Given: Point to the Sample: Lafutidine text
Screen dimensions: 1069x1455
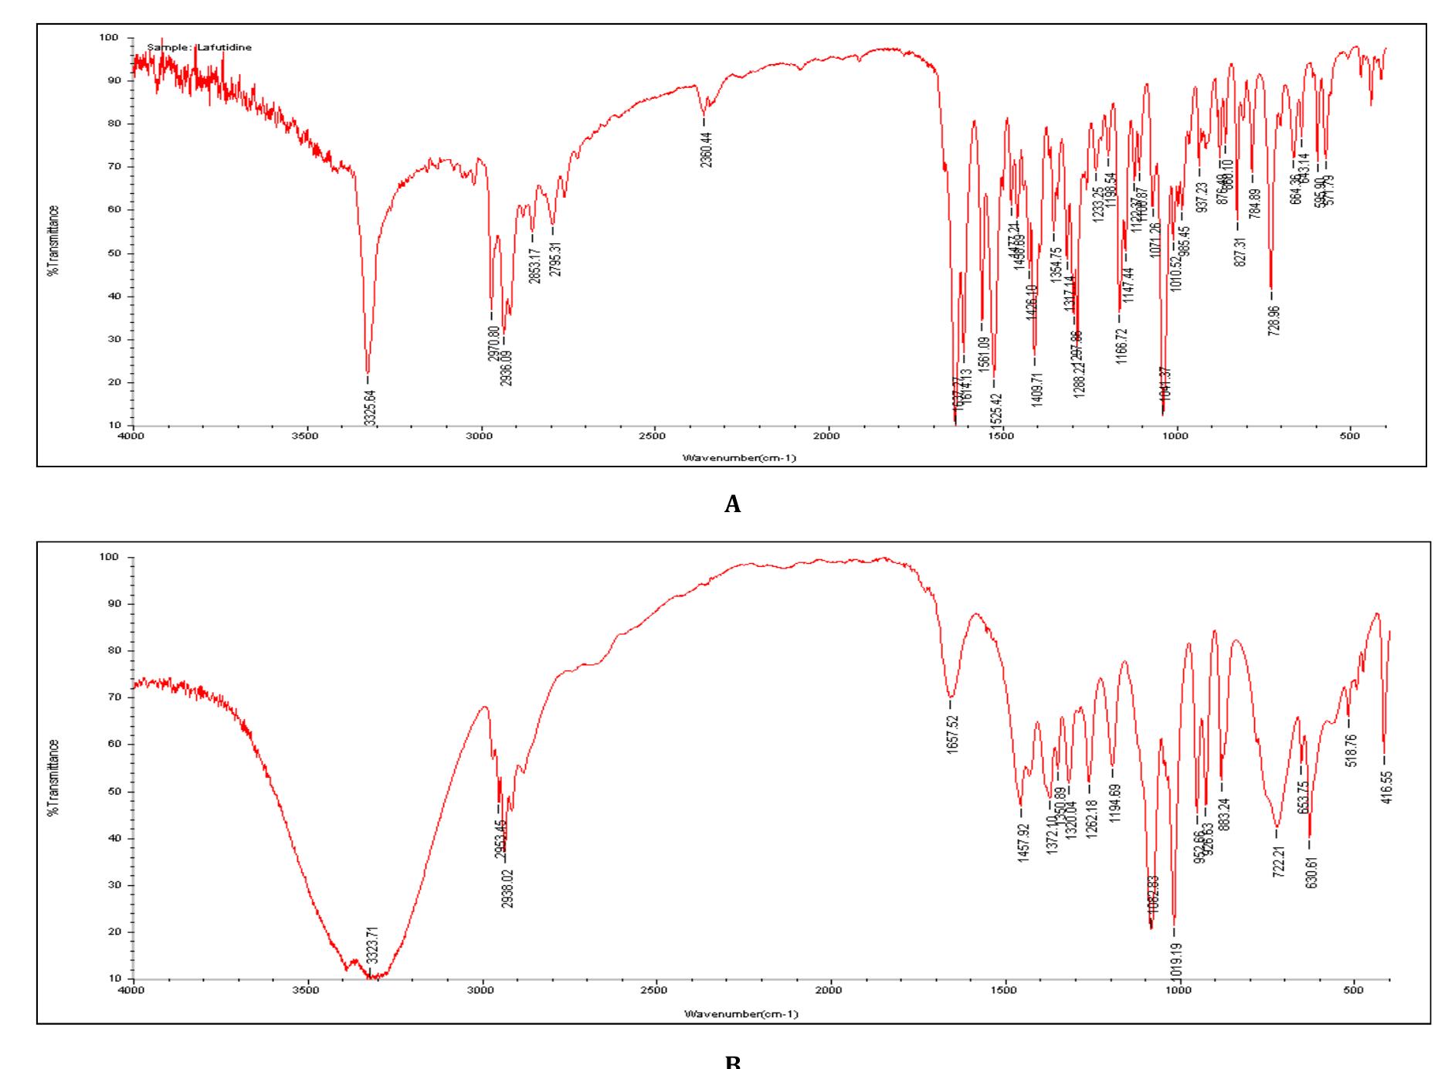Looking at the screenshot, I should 199,48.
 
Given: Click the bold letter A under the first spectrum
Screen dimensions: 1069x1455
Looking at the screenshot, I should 733,505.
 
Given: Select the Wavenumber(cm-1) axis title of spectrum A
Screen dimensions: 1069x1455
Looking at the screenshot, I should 739,458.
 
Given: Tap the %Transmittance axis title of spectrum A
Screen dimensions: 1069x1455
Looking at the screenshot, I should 53,239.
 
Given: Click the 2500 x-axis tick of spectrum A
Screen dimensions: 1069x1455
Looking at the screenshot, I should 653,436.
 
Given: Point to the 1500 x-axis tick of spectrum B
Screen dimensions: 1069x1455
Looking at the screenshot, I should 1005,990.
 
